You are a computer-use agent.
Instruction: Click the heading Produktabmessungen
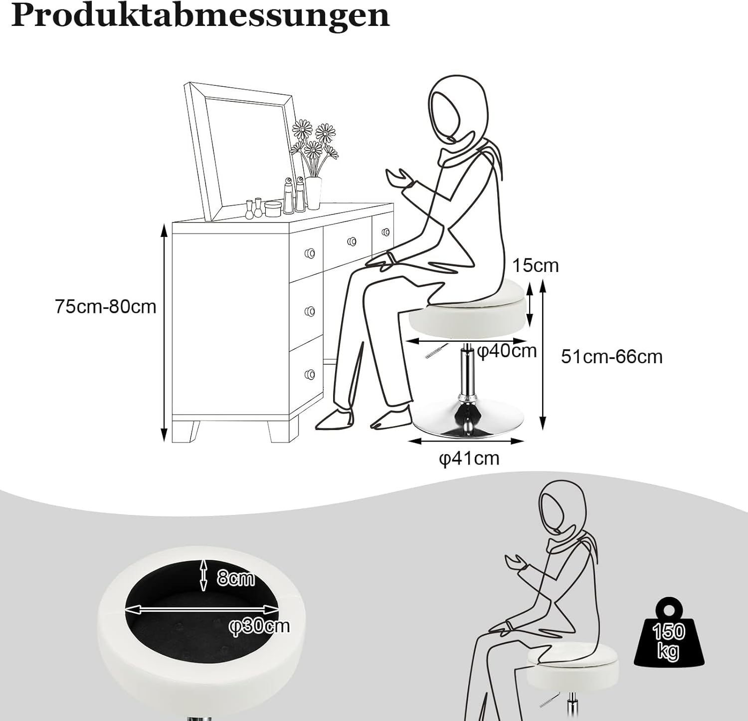200,16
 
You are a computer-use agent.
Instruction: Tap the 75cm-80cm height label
106,306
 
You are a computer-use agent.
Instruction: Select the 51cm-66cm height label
612,357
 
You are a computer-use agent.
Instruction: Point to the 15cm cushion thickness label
536,265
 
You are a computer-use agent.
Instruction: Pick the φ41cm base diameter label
469,458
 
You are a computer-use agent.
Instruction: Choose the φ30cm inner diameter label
259,626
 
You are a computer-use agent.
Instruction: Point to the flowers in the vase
314,145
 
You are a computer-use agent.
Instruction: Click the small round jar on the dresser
272,208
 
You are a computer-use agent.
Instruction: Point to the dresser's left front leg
186,431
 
